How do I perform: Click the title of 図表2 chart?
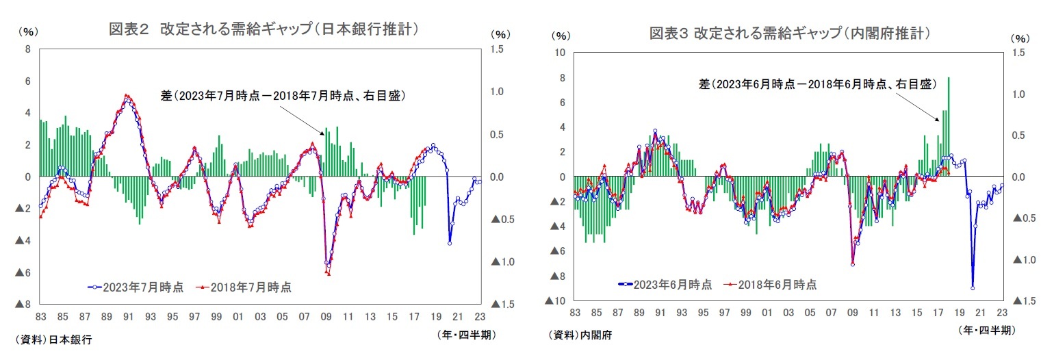(x=263, y=29)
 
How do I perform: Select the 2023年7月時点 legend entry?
(x=136, y=287)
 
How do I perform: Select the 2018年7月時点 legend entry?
(x=244, y=287)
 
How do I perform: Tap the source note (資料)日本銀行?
(x=53, y=339)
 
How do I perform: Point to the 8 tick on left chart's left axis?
(x=27, y=49)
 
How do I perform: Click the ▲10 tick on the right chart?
(x=555, y=301)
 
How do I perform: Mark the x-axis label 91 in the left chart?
(x=129, y=317)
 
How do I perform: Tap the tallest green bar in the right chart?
(x=948, y=127)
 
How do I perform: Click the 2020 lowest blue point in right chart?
(x=972, y=287)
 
